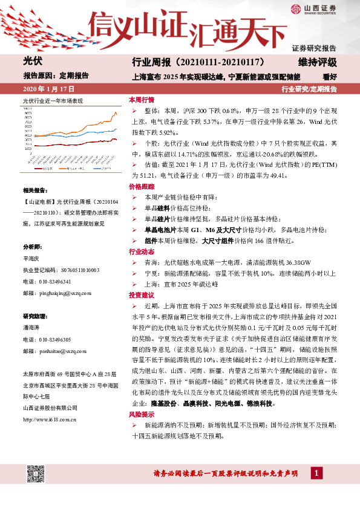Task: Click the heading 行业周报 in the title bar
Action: pyautogui.click(x=151, y=62)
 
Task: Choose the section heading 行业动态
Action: pyautogui.click(x=141, y=251)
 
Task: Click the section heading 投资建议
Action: pyautogui.click(x=141, y=296)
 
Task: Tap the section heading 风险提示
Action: pyautogui.click(x=141, y=417)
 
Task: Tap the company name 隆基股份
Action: pyautogui.click(x=163, y=403)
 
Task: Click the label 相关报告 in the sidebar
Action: pyautogui.click(x=33, y=190)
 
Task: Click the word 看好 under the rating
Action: pyautogui.click(x=329, y=77)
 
